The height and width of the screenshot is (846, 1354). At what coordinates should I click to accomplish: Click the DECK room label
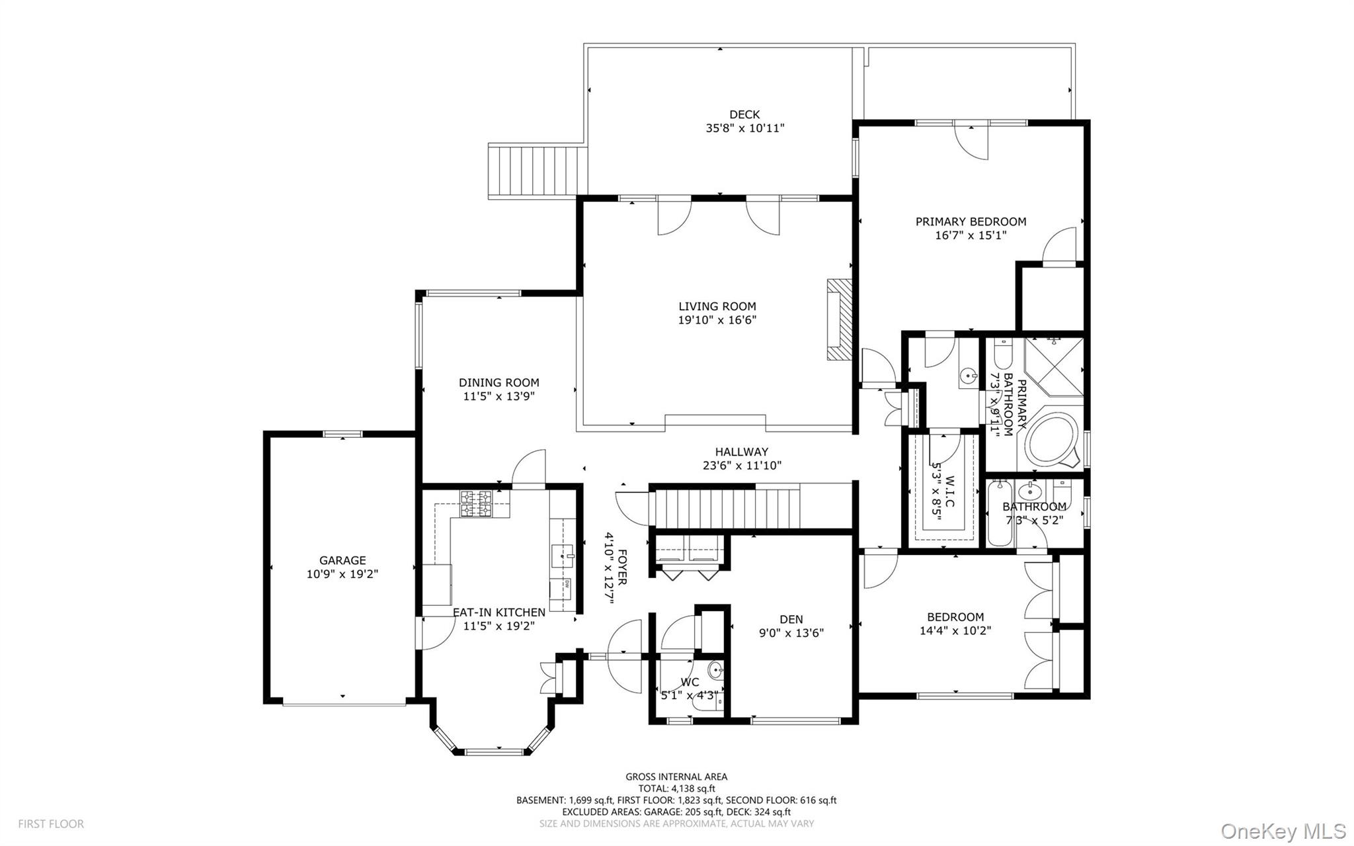[x=744, y=114]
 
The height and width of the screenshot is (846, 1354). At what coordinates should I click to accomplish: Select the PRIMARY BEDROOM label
[x=970, y=222]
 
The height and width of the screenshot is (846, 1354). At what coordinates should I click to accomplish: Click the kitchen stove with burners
[x=475, y=503]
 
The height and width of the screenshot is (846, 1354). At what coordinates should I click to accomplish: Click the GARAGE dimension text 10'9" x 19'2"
[x=342, y=574]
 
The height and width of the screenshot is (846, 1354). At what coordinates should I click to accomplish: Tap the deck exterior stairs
[x=537, y=171]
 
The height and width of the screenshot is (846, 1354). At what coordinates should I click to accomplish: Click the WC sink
[x=716, y=671]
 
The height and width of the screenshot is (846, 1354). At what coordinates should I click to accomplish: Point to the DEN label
[x=791, y=619]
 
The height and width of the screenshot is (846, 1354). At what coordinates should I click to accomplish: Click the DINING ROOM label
[x=498, y=382]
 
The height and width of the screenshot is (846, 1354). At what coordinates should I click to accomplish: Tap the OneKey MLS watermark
[x=1283, y=830]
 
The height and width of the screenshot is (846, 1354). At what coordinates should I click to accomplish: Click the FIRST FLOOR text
[x=51, y=824]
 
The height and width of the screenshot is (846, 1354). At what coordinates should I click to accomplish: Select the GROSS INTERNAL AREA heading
[x=676, y=777]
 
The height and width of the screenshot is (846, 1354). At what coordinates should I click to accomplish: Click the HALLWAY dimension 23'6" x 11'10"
[x=742, y=466]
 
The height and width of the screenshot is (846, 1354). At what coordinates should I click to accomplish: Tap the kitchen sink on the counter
[x=563, y=555]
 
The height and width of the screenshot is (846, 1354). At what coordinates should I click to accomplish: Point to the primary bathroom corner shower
[x=1053, y=366]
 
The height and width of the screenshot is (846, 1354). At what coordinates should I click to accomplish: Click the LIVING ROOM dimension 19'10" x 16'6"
[x=717, y=320]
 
